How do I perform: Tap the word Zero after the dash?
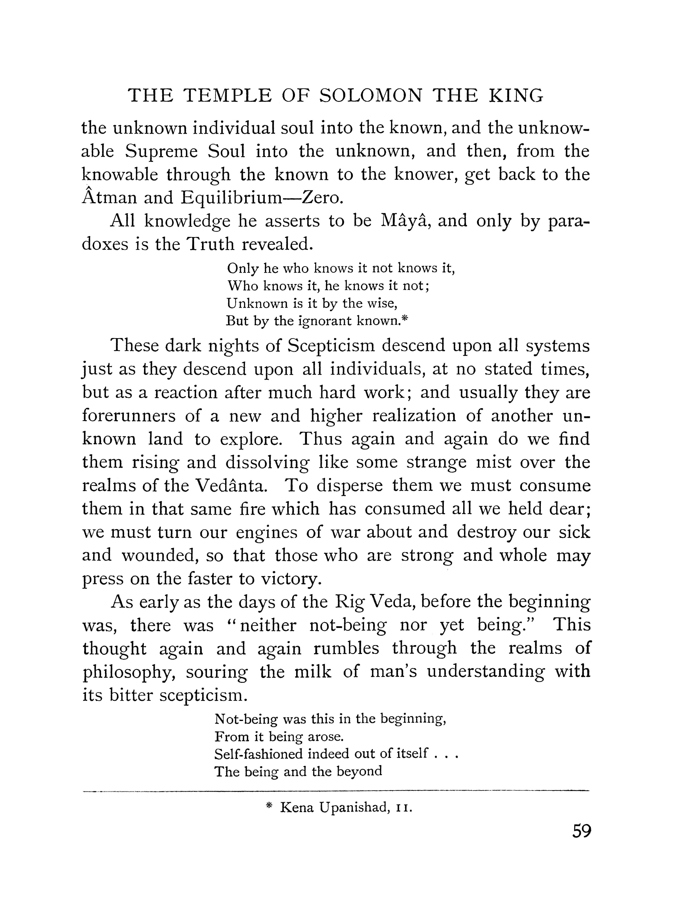coord(321,198)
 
